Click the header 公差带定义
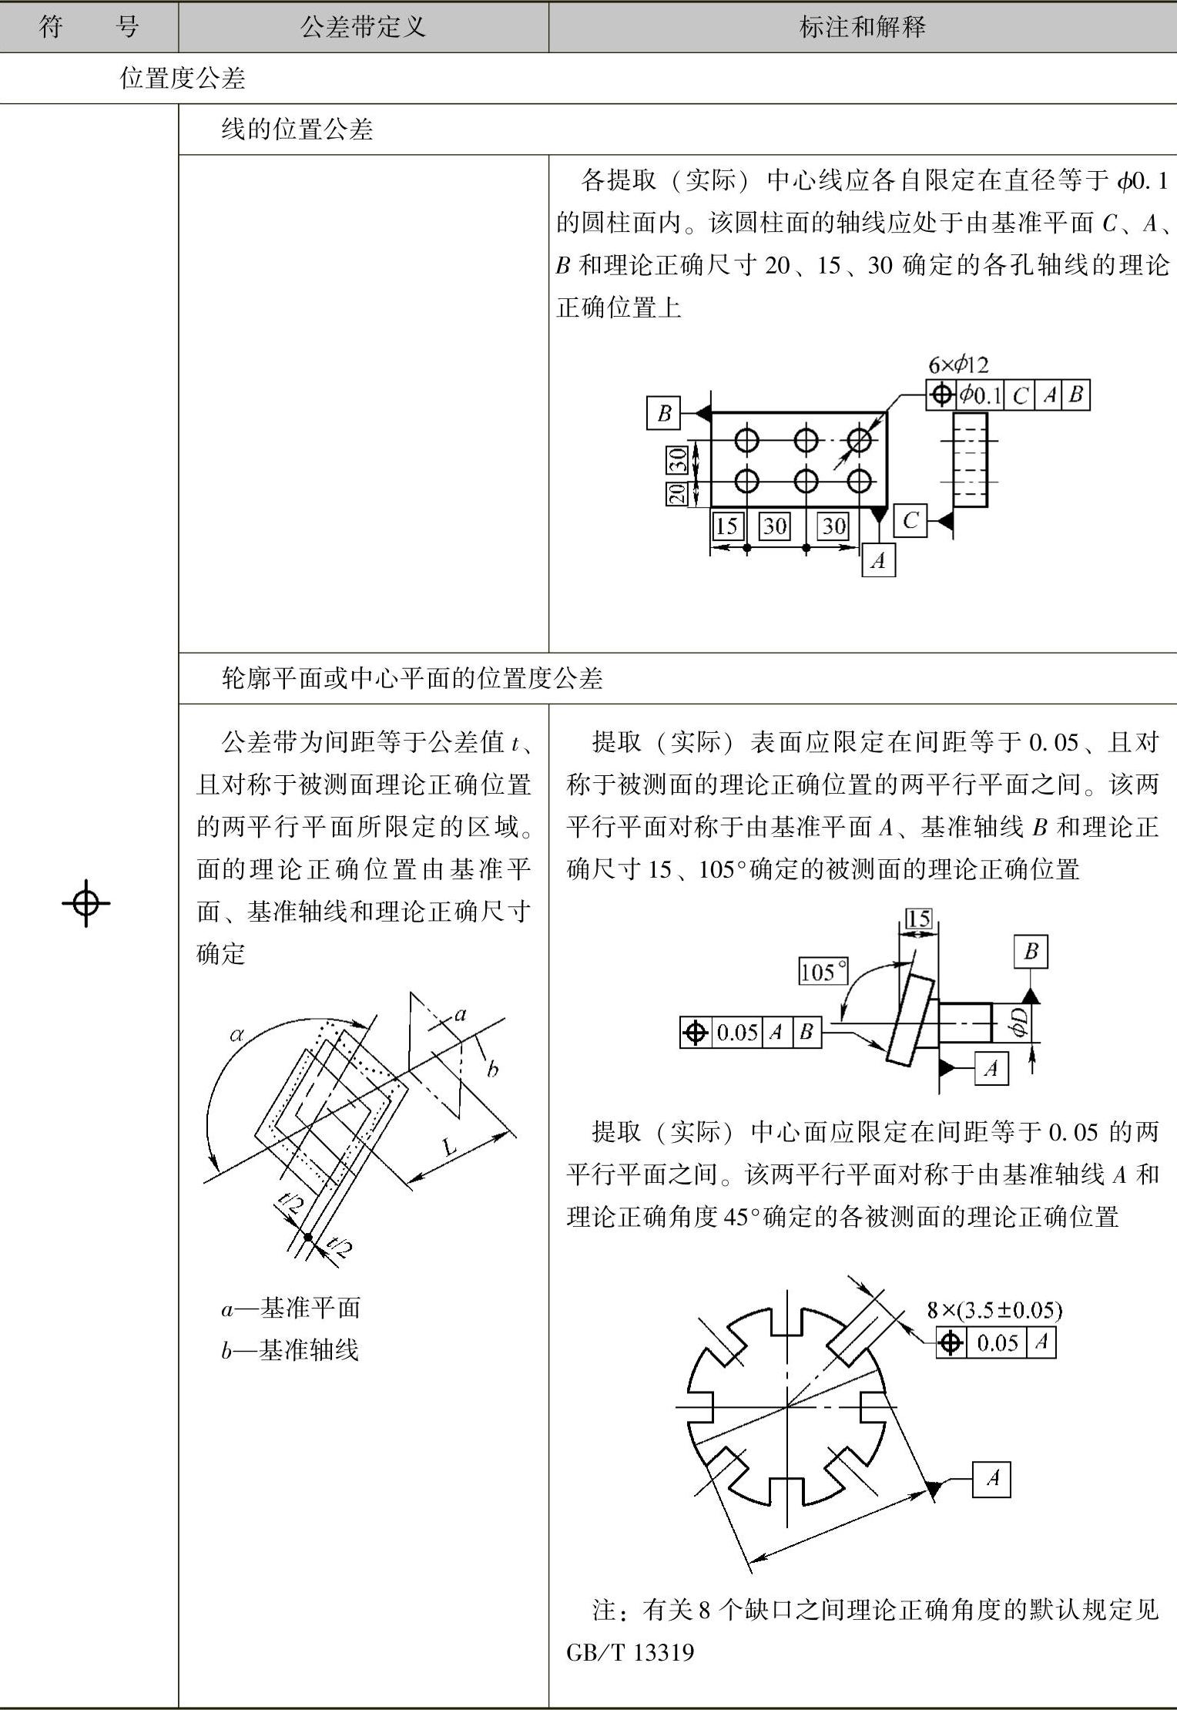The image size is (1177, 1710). pos(363,28)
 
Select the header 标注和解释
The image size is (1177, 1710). pos(862,28)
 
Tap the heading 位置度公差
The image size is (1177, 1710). pos(183,78)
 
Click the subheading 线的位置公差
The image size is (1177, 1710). pos(297,129)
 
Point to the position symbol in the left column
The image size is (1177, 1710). pos(86,902)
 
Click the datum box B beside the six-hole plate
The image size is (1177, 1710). pos(664,413)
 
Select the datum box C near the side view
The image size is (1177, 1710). pos(911,521)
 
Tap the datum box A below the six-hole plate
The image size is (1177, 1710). pos(879,560)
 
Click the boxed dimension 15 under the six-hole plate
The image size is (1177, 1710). pos(726,526)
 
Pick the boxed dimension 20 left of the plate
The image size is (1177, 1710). pos(677,492)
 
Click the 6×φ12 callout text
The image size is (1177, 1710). pos(957,365)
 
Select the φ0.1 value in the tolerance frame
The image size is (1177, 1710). pos(981,395)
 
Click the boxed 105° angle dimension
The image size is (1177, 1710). pos(823,971)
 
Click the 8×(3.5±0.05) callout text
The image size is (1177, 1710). pos(994,1310)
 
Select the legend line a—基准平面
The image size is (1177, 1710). pos(291,1308)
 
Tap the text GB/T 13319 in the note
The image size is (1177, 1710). pos(630,1652)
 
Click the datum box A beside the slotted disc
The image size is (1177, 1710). pos(991,1478)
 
